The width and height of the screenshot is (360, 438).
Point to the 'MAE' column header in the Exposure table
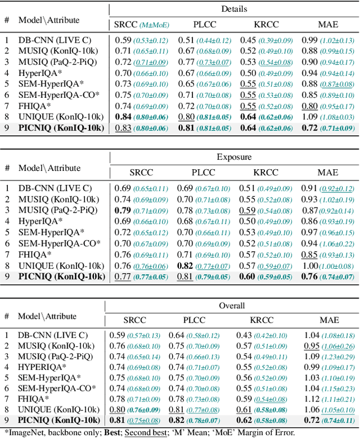tap(328, 173)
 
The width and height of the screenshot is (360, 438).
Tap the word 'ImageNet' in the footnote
tap(24, 432)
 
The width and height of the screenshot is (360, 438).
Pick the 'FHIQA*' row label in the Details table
tap(35, 106)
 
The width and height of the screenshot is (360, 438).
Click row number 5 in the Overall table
tap(7, 378)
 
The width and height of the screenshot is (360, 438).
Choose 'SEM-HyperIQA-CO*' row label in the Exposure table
tap(59, 243)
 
